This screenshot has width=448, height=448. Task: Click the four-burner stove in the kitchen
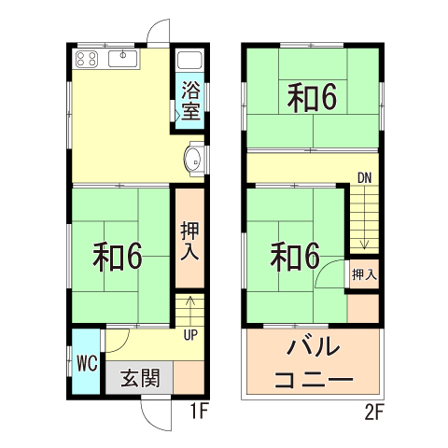(87, 60)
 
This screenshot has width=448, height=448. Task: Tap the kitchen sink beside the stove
(123, 60)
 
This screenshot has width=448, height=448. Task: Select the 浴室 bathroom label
(190, 102)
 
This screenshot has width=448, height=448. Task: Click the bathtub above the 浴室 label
(190, 61)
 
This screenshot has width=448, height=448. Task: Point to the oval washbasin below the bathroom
(193, 158)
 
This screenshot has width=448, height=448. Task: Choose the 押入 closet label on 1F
(189, 239)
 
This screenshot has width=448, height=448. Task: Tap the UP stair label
(189, 333)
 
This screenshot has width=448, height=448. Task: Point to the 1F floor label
(197, 409)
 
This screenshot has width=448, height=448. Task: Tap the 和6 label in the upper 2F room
(311, 98)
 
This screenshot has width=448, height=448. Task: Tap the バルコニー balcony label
(313, 364)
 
